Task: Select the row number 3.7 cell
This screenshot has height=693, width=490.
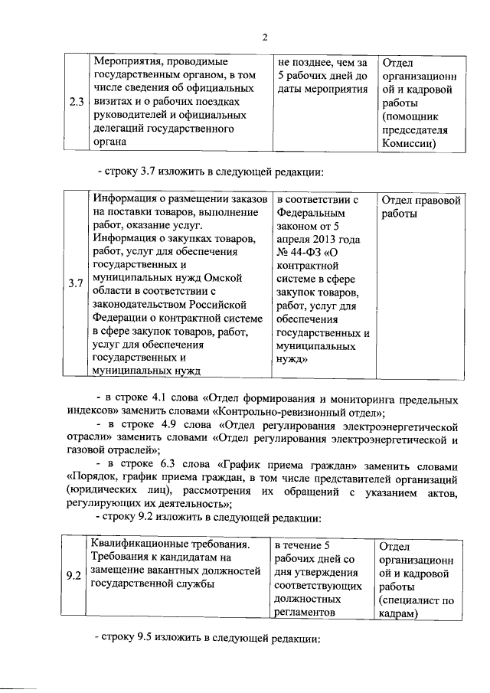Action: [76, 284]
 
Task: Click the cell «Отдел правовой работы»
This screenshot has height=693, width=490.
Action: [420, 207]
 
